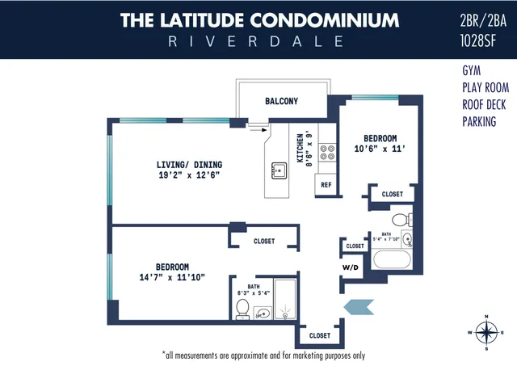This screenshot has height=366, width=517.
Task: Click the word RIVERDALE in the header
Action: (x=258, y=41)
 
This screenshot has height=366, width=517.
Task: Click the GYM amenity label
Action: (x=472, y=70)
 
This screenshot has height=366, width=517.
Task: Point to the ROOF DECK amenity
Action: (x=484, y=104)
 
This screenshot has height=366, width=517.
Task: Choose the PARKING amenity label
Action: (x=479, y=122)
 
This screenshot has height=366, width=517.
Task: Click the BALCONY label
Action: (x=281, y=101)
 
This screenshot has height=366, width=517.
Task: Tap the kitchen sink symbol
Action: (x=279, y=170)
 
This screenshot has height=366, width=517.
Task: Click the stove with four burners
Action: (x=328, y=154)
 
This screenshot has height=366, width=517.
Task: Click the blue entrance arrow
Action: (x=357, y=305)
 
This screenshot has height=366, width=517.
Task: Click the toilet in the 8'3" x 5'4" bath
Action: (x=242, y=308)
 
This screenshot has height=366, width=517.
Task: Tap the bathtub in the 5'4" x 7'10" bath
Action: (x=393, y=260)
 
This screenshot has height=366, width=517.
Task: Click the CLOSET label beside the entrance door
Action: (x=319, y=335)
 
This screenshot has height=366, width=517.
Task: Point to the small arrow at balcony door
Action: (x=258, y=127)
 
